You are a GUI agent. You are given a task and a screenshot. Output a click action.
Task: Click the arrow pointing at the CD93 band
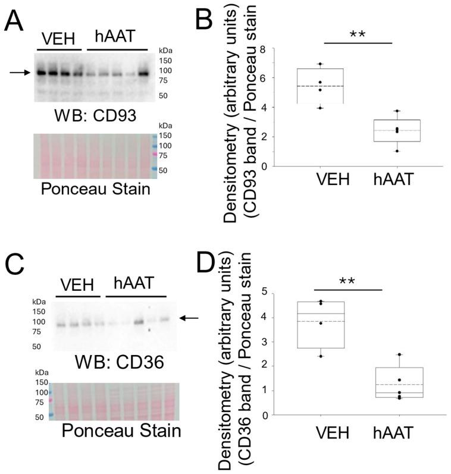19,73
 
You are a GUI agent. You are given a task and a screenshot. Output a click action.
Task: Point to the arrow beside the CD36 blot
189,318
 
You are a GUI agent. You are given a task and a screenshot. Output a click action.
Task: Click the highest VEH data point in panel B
320,64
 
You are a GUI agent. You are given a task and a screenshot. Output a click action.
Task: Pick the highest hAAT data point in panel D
399,355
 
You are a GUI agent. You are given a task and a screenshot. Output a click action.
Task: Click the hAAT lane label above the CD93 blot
115,36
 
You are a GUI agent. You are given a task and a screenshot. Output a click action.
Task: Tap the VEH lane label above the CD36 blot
77,284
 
